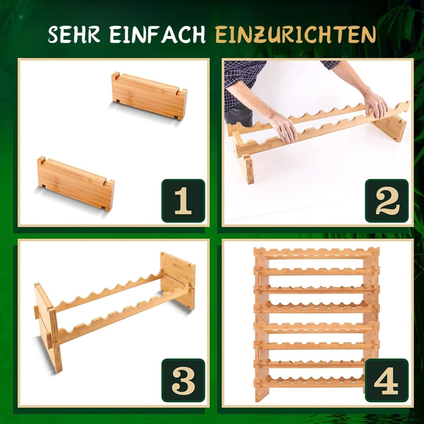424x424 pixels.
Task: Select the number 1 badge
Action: tap(183, 200)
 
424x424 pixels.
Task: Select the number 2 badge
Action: tap(387, 200)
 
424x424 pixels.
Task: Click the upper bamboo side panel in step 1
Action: tap(148, 96)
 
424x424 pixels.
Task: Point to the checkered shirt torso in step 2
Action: tap(242, 81)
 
